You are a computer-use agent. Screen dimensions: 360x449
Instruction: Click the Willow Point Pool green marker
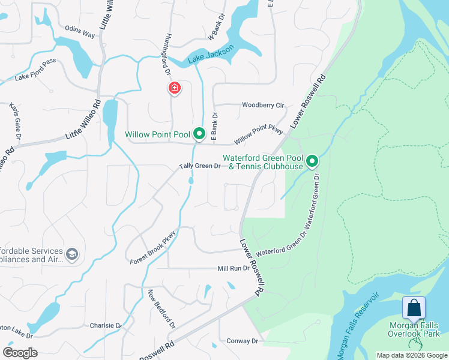tap(199, 134)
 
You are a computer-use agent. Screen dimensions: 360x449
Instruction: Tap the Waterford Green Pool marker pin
tap(312, 161)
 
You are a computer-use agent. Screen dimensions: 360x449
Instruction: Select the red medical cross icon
tap(174, 88)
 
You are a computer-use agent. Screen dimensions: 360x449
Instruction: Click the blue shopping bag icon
tap(414, 308)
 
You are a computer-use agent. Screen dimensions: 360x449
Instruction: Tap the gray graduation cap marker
tap(72, 255)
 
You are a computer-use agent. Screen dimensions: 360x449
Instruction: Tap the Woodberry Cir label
tap(263, 105)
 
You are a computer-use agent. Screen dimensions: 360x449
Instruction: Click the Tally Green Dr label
tap(200, 166)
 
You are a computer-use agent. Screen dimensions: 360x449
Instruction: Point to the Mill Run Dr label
tap(233, 268)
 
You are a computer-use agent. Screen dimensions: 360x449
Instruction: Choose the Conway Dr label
tap(242, 341)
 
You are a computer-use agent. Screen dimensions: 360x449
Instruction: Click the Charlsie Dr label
tap(106, 326)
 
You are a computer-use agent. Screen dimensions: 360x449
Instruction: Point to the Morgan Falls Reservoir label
tap(358, 325)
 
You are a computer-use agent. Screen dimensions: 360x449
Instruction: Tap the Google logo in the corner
tap(20, 353)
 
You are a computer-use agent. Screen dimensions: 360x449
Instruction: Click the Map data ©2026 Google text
tap(411, 356)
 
